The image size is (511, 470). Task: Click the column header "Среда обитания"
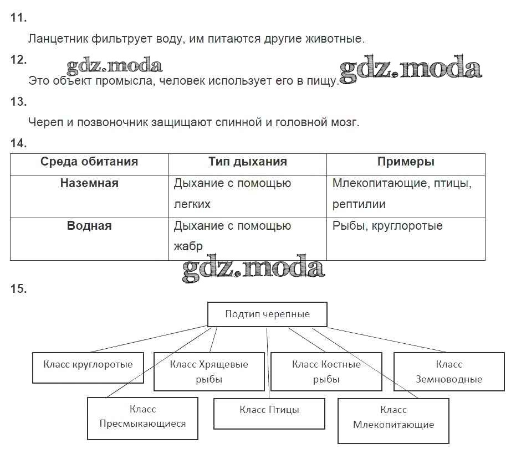[89, 162]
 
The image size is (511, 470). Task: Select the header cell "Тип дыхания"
[247, 162]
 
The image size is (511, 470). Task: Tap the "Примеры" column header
[406, 162]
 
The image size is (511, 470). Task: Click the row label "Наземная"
[89, 183]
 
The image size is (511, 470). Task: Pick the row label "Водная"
[89, 226]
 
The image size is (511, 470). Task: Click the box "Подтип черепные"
[267, 314]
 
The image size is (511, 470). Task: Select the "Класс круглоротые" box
[88, 368]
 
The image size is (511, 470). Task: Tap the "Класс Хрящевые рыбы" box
[209, 371]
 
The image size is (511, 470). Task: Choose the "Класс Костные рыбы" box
[326, 371]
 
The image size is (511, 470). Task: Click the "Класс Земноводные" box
[449, 371]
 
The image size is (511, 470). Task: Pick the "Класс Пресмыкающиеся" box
[142, 417]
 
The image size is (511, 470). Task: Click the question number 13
[18, 102]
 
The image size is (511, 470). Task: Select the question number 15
[18, 289]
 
